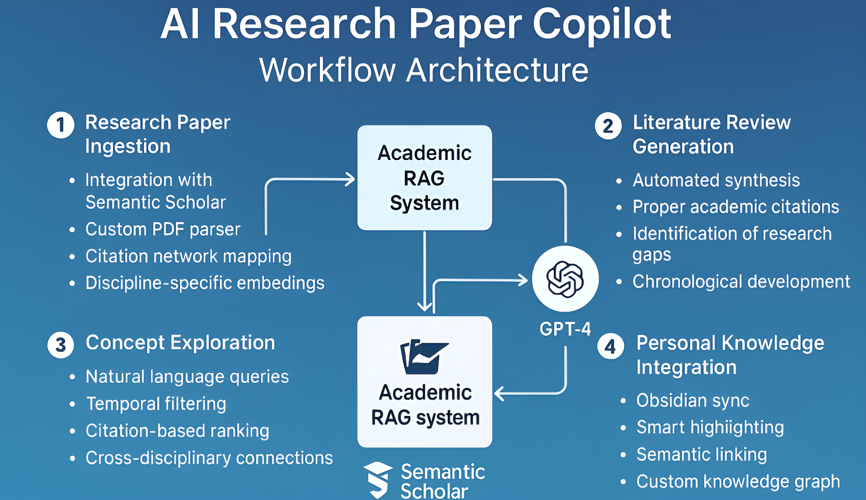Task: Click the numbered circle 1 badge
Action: (x=61, y=125)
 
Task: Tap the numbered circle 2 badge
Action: (x=608, y=126)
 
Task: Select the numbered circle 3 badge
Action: (x=61, y=345)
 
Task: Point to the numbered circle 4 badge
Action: (x=611, y=346)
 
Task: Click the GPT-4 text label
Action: (x=565, y=329)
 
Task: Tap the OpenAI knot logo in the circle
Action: (x=565, y=279)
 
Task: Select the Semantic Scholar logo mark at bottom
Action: (x=377, y=479)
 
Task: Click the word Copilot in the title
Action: (x=602, y=24)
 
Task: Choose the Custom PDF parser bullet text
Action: (x=163, y=229)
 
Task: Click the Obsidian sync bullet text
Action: (x=693, y=400)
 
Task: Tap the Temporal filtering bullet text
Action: (x=156, y=404)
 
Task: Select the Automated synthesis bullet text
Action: (x=716, y=180)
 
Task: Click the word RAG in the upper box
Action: (x=424, y=178)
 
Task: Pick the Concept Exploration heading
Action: (x=180, y=342)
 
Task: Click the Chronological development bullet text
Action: (x=741, y=282)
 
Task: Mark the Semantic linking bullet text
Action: (x=702, y=454)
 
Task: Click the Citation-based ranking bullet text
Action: (x=178, y=431)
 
